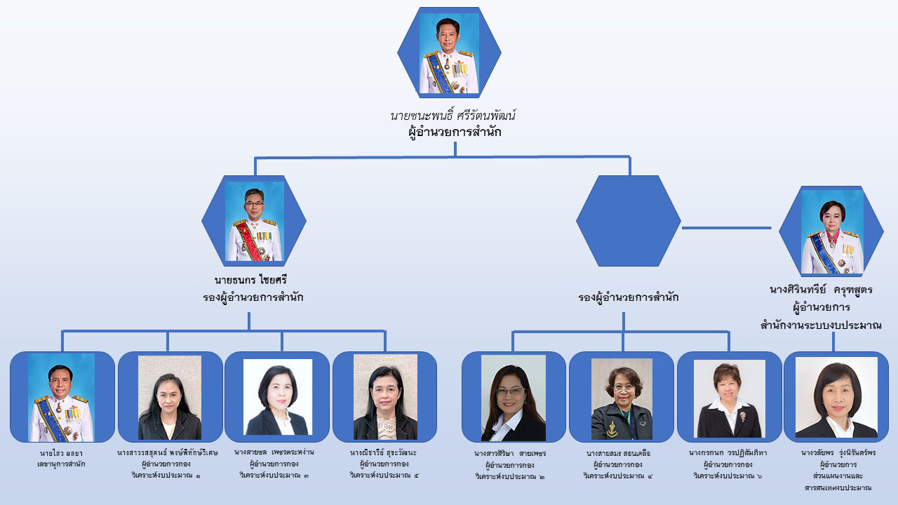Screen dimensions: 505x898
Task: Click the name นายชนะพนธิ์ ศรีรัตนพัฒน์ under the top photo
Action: coord(455,115)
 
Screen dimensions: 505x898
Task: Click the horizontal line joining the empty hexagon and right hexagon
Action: coord(727,227)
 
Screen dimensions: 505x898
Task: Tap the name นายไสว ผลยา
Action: coord(62,452)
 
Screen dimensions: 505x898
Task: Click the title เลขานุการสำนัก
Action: coord(62,464)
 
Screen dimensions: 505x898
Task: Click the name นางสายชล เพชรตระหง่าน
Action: coord(275,452)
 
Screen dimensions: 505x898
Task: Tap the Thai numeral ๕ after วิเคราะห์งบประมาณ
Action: coord(416,476)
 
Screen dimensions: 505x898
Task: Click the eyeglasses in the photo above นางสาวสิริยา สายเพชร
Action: coord(511,391)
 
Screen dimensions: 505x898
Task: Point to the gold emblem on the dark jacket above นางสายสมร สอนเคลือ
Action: coord(612,425)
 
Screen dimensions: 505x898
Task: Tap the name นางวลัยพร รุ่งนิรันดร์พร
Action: coord(838,452)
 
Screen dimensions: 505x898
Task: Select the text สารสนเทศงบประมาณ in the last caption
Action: coord(838,487)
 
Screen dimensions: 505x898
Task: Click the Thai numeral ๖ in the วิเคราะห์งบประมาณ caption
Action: coord(759,476)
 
